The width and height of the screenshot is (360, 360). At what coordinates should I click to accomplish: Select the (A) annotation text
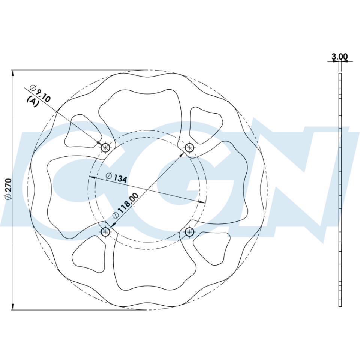(x=33, y=101)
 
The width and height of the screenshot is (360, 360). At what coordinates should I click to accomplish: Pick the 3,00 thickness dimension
(x=340, y=57)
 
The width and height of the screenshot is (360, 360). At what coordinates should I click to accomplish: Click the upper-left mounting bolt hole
(x=105, y=147)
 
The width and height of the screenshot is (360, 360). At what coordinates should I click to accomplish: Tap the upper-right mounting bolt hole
(x=190, y=148)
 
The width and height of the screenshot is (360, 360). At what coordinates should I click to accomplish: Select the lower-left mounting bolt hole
(x=105, y=232)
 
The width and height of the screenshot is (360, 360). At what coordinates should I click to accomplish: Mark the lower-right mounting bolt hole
(x=189, y=232)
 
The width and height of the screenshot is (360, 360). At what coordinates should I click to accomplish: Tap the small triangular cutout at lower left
(x=89, y=254)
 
